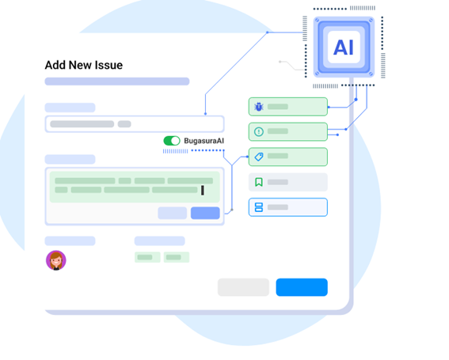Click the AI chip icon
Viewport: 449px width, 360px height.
point(344,47)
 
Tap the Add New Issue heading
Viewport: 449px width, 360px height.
point(84,65)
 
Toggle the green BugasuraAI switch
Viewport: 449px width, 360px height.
point(172,141)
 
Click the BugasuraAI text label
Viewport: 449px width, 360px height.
point(204,141)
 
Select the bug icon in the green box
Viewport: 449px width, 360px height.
point(259,107)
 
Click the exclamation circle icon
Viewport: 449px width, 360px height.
point(259,131)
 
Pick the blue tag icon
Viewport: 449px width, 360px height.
point(259,157)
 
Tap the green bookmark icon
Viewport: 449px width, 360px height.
point(259,182)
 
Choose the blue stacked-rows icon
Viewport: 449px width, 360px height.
point(259,207)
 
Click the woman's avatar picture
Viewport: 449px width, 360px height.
point(56,260)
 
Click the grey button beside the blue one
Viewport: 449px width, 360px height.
point(243,287)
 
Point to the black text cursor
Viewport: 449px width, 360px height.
point(203,191)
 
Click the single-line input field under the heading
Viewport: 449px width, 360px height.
point(135,124)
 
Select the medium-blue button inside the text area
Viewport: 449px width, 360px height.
point(205,213)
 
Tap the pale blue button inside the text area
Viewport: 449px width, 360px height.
point(173,213)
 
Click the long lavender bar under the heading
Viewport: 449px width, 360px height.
point(117,81)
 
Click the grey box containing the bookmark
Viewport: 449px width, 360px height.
point(288,182)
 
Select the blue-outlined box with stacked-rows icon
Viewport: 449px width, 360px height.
point(288,207)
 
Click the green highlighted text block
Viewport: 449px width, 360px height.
point(135,187)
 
